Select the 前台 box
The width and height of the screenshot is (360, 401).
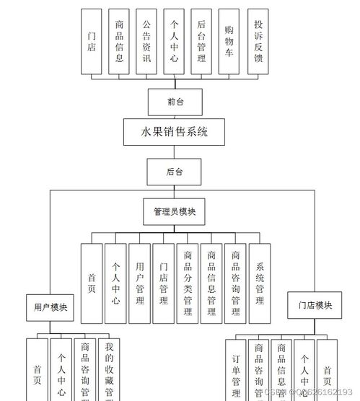(x=175, y=102)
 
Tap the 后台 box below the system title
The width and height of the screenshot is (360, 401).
(x=175, y=172)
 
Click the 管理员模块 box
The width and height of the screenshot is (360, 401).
(x=175, y=212)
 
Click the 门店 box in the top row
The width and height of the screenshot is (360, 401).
(x=92, y=42)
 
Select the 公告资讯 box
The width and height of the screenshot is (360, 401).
(x=147, y=42)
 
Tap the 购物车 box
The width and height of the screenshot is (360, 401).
(x=229, y=42)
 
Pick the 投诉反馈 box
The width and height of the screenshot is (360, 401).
(x=258, y=42)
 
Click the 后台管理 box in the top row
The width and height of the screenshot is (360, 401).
(x=201, y=42)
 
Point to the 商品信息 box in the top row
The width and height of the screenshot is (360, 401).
(x=119, y=42)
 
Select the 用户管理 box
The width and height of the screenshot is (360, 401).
(x=140, y=283)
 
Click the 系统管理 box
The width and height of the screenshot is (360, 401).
(x=260, y=283)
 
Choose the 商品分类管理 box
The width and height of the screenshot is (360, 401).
(x=188, y=283)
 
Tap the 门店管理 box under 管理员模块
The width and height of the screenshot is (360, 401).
(x=164, y=283)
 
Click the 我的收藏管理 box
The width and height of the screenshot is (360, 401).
(x=109, y=371)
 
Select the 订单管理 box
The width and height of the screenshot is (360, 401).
(x=235, y=371)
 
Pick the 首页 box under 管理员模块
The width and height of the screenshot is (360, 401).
(x=92, y=283)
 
